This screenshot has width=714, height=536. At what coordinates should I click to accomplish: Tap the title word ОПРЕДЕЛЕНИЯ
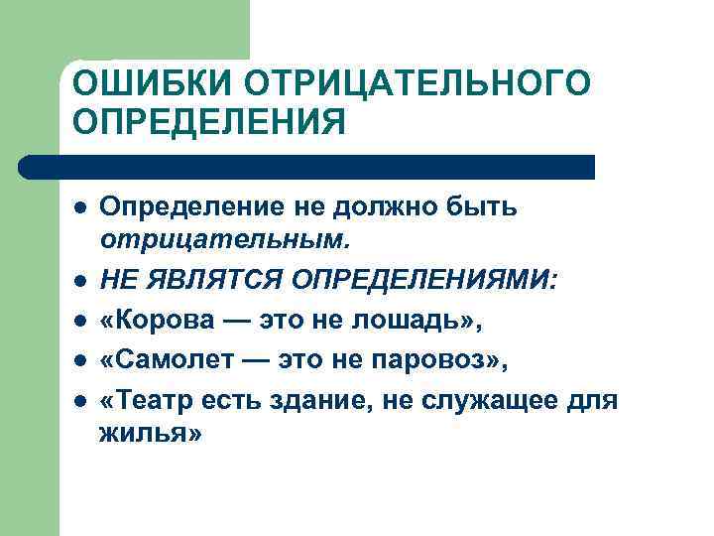tap(210, 123)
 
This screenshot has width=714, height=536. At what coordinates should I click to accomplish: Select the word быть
tap(489, 208)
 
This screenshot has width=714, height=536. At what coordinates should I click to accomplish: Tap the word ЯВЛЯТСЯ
tap(218, 281)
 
